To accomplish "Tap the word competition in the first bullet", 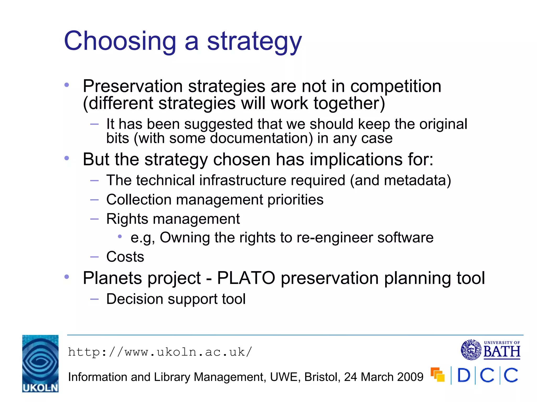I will click(396, 86).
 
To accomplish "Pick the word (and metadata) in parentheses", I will click(400, 180).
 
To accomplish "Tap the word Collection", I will click(139, 200).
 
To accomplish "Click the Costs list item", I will click(125, 257).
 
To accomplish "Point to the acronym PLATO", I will click(246, 278).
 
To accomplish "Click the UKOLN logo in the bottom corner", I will click(40, 364).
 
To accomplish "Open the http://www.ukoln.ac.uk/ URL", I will click(160, 352).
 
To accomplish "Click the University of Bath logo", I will click(490, 350).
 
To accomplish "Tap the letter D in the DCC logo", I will click(464, 376).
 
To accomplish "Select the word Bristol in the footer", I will click(322, 377).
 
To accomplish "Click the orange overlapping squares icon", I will click(438, 375).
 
